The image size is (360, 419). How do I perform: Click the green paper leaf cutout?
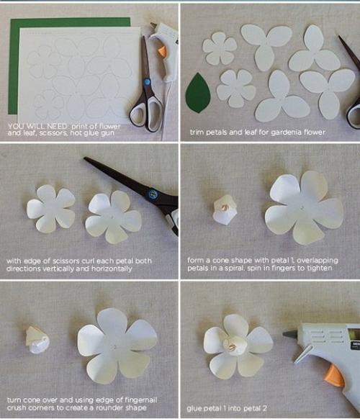pos(198,93)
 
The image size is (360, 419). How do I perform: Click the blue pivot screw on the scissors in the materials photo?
pos(147,82)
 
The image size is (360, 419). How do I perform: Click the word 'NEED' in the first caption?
pos(57,126)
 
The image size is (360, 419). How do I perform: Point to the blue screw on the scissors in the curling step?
pos(153,193)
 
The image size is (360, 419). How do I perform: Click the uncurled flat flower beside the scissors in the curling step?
pos(51,209)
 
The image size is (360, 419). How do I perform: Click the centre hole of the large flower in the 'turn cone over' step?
pos(115,347)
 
